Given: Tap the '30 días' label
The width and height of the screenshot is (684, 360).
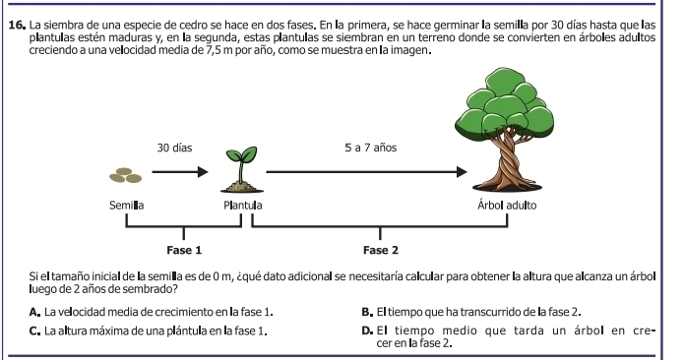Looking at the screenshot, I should tap(174, 147).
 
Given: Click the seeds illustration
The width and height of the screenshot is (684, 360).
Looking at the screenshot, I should tap(126, 174).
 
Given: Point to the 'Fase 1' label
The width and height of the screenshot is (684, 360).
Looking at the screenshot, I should tap(184, 250).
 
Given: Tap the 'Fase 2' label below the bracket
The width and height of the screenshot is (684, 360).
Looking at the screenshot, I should tap(381, 250).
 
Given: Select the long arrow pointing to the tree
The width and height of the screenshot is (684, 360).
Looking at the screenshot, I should tap(366, 173).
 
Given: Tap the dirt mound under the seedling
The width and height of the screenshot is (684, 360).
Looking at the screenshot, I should tap(240, 184).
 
